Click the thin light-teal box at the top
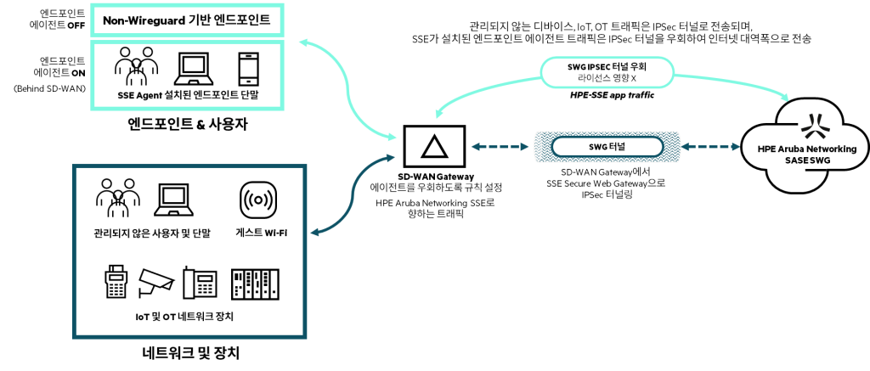(x=187, y=20)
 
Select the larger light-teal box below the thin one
(x=187, y=76)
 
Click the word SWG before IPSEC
(x=577, y=66)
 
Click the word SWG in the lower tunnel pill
(x=598, y=147)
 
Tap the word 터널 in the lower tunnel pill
(x=618, y=147)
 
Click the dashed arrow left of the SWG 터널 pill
(x=500, y=147)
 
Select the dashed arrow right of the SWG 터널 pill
(x=710, y=147)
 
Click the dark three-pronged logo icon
(x=815, y=126)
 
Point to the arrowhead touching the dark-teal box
(x=314, y=232)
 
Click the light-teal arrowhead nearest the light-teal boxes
(x=302, y=42)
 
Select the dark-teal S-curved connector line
(x=353, y=194)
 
